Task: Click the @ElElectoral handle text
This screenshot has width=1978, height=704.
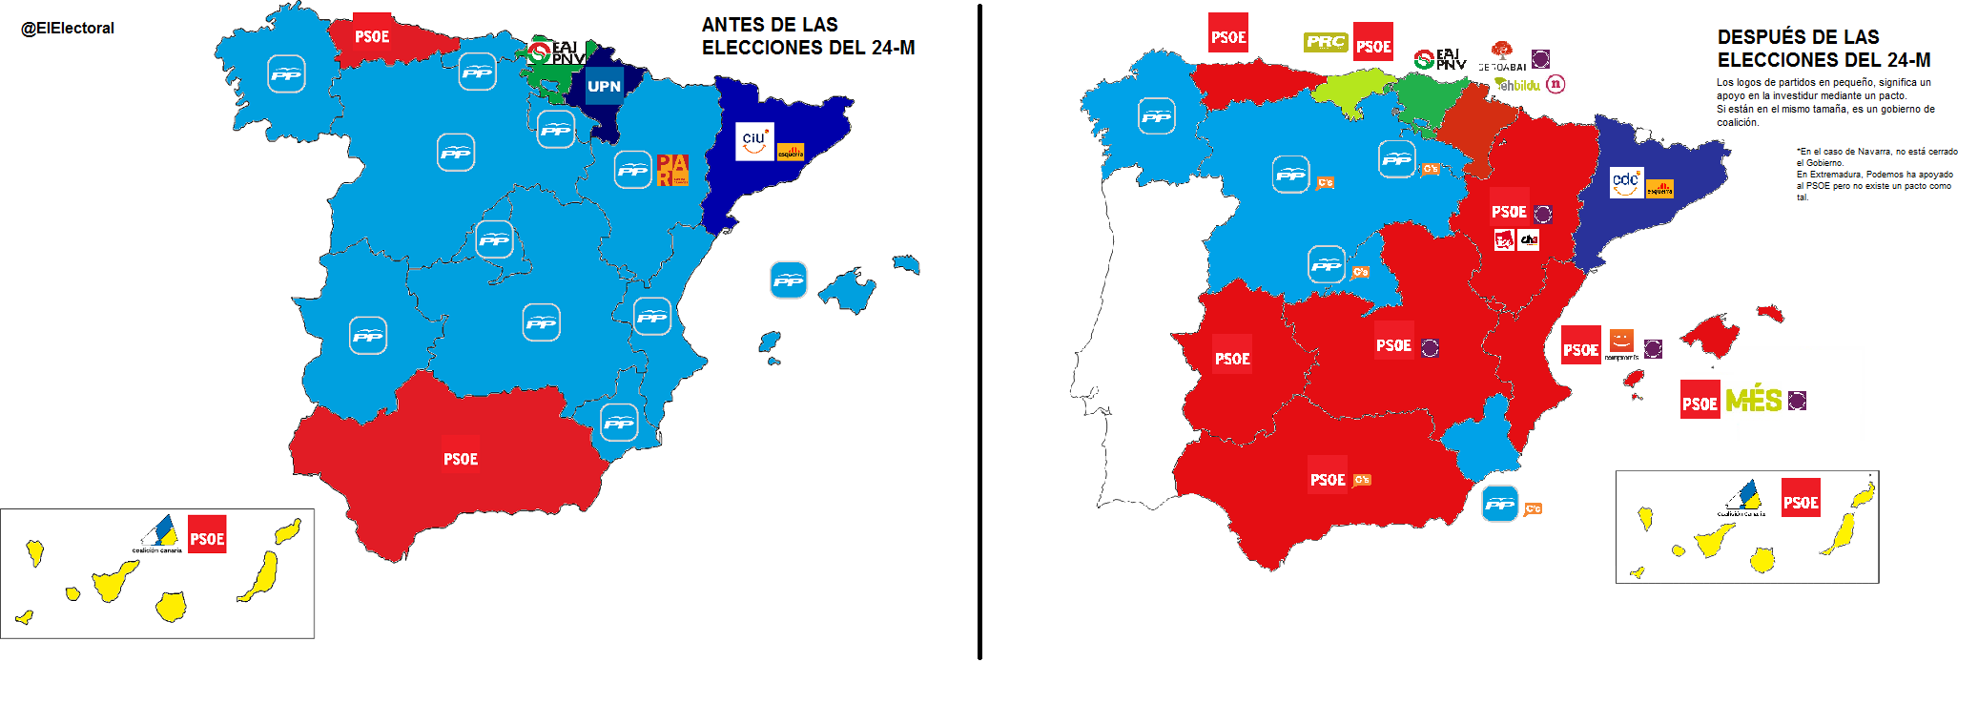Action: click(68, 29)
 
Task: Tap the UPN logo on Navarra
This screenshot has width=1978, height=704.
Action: click(604, 86)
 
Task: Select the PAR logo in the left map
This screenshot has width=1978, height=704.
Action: click(672, 170)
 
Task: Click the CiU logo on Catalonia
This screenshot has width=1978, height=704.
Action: click(754, 141)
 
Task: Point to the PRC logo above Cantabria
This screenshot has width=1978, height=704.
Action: click(1326, 42)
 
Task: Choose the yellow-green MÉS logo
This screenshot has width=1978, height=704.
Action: click(1754, 400)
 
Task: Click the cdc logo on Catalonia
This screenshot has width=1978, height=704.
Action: click(1626, 181)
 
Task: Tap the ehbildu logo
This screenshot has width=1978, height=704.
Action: click(1518, 85)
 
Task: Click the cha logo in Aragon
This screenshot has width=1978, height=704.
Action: click(1529, 239)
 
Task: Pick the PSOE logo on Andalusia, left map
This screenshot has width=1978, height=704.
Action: click(461, 459)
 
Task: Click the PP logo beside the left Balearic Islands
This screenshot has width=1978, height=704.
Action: click(788, 280)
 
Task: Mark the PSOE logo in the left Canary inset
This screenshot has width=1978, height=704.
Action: click(207, 538)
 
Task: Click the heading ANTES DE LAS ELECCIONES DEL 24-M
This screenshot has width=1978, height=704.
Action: click(808, 36)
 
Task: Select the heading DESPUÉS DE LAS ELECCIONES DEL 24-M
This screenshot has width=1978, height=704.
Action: click(1823, 49)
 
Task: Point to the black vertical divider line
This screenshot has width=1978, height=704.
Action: click(979, 334)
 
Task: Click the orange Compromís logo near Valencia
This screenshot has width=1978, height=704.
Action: click(1621, 341)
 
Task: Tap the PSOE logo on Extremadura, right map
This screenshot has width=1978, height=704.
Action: click(1232, 358)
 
